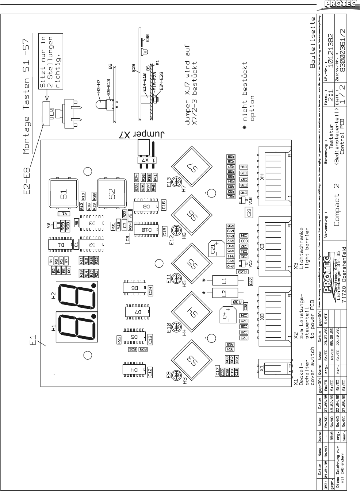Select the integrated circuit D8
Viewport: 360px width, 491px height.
click(x=146, y=206)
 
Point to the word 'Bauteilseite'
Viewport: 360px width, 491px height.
click(x=313, y=43)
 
